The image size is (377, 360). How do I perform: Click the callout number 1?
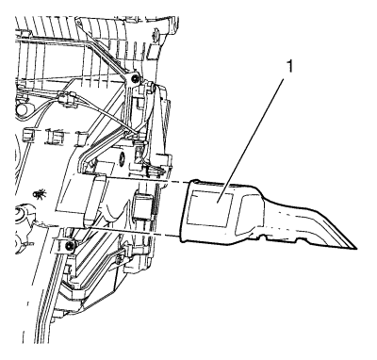(289, 67)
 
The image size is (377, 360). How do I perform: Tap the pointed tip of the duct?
(355, 249)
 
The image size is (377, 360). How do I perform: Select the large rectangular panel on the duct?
(210, 208)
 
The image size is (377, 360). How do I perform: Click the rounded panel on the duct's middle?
(250, 215)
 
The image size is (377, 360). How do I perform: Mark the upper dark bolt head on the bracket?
(135, 79)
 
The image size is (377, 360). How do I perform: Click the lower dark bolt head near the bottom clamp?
(69, 246)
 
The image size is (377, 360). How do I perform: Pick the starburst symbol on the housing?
(40, 194)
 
